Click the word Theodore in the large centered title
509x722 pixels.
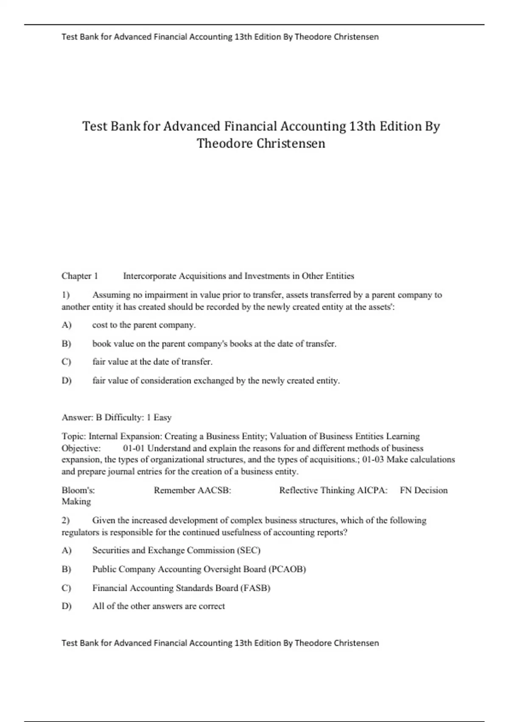click(x=225, y=144)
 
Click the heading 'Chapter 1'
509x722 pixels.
click(x=80, y=276)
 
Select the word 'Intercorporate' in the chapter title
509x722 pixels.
click(x=149, y=276)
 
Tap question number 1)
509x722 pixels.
click(x=66, y=295)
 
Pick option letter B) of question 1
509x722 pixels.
click(x=66, y=344)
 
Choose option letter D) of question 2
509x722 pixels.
click(x=66, y=606)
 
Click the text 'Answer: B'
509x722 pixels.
click(x=82, y=417)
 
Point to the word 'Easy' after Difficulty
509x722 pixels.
click(x=162, y=417)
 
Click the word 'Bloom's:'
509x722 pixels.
click(x=78, y=490)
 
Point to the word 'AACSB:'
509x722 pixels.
click(x=215, y=490)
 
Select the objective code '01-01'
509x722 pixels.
click(x=134, y=448)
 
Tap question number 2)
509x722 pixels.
click(x=66, y=520)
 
